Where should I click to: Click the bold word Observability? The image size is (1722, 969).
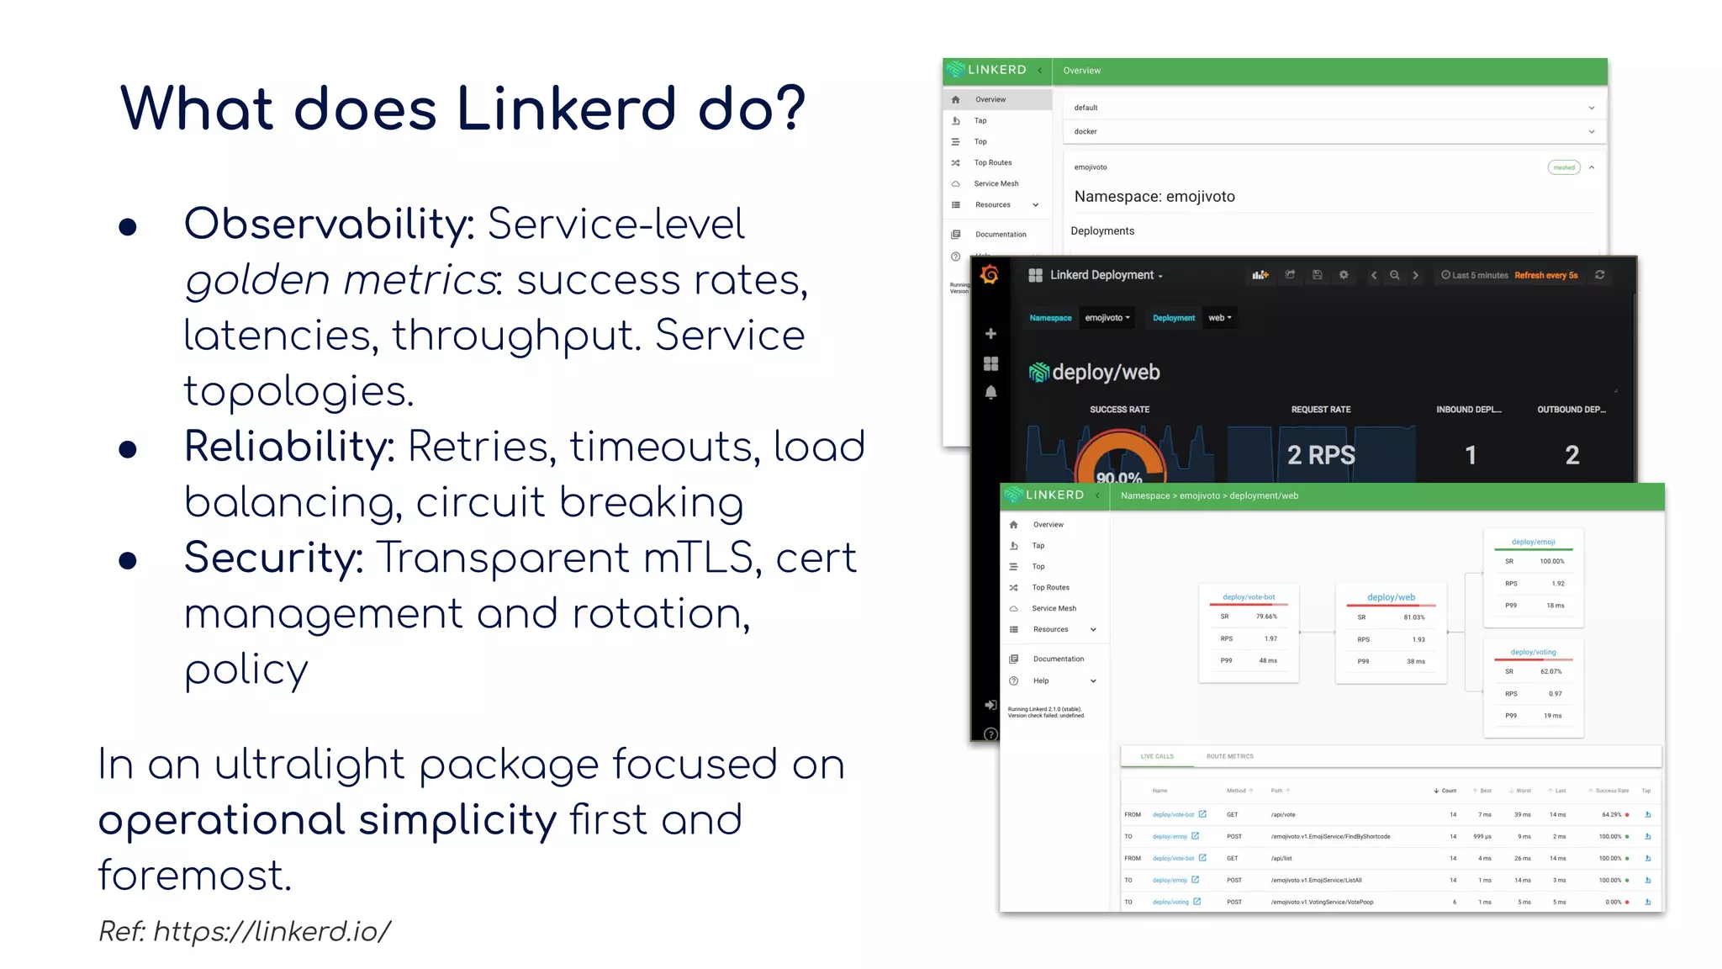(329, 224)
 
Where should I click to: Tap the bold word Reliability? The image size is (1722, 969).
(289, 447)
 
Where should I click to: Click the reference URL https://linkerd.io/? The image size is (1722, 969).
(272, 931)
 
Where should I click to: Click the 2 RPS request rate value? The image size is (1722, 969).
(1321, 455)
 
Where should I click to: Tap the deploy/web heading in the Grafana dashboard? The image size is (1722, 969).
(1106, 372)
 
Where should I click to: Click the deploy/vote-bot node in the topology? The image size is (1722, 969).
(1249, 597)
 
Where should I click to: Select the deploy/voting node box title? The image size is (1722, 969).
(1533, 652)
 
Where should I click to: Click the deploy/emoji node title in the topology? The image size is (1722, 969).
(1533, 542)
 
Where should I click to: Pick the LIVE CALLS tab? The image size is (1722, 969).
(1157, 756)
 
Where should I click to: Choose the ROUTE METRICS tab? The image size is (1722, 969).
(1229, 756)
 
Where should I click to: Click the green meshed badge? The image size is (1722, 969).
(1563, 167)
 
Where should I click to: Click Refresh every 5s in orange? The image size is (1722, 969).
(1545, 275)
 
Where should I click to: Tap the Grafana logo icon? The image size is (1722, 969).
(990, 275)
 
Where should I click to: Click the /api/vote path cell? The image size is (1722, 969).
(1283, 814)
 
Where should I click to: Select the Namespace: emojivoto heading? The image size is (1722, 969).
(1154, 197)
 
